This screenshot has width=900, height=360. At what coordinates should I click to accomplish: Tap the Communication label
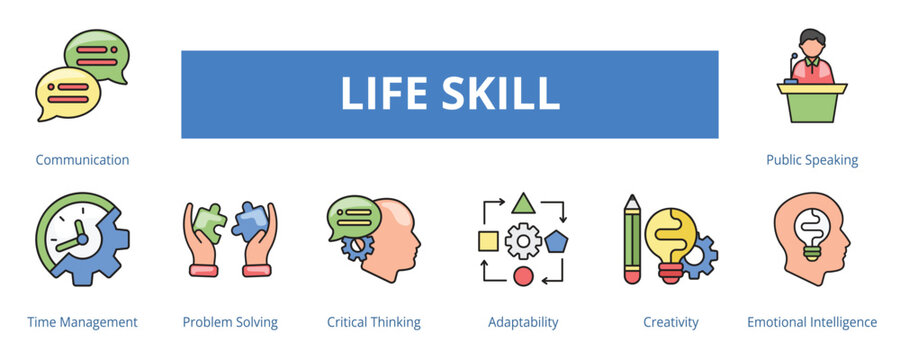(x=82, y=160)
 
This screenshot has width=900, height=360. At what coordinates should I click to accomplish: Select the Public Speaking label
(x=812, y=160)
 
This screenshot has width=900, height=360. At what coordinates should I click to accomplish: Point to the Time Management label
(x=82, y=322)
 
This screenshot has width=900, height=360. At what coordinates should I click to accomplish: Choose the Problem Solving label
(x=230, y=322)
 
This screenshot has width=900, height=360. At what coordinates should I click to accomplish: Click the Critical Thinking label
(x=374, y=322)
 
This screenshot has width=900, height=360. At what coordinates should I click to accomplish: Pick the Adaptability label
(x=523, y=322)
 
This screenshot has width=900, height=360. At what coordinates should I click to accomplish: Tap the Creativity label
(x=671, y=322)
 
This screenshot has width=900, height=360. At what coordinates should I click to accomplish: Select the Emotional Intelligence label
(x=812, y=322)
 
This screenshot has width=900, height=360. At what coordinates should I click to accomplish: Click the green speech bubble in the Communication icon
(x=96, y=55)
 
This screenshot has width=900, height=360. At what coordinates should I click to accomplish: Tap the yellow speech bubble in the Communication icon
(x=67, y=93)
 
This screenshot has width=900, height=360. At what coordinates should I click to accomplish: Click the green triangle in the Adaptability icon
(x=522, y=205)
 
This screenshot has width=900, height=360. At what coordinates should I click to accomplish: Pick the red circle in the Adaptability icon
(x=522, y=276)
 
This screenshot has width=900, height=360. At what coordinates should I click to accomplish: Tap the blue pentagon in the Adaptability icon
(x=556, y=241)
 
